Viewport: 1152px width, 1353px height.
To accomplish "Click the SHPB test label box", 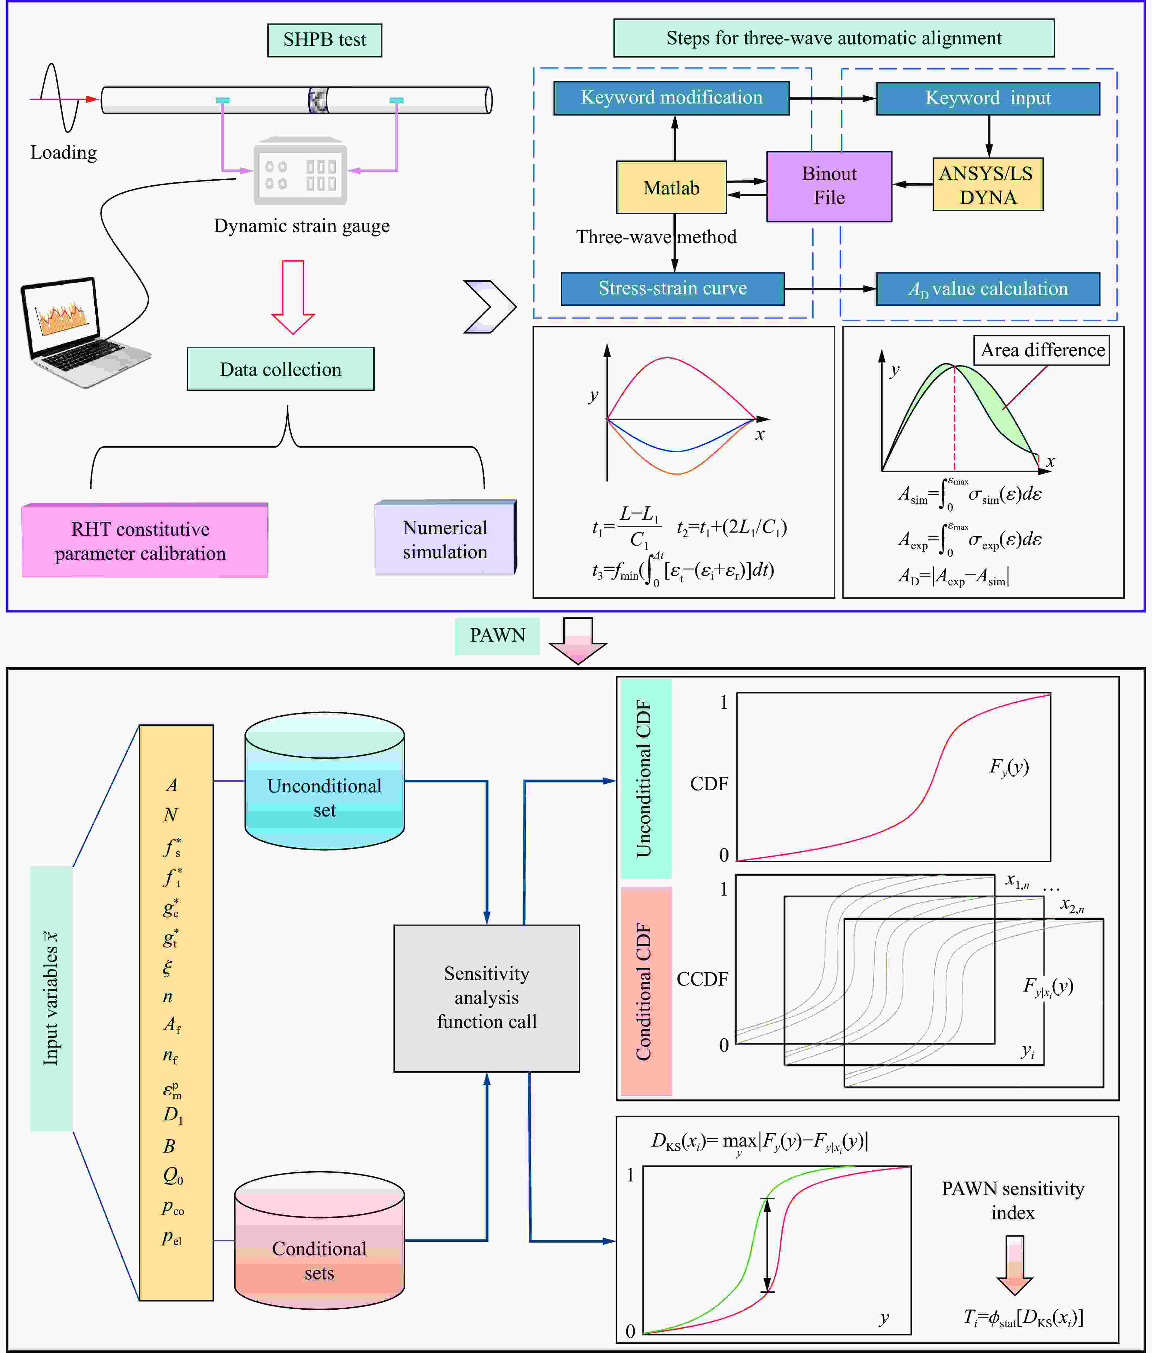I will point(324,40).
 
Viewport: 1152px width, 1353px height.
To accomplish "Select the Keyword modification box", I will point(671,98).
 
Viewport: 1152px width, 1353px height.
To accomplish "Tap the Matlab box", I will point(671,187).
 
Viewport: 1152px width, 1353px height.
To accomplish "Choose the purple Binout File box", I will point(829,186).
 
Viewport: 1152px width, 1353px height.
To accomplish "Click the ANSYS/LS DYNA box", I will point(987,185).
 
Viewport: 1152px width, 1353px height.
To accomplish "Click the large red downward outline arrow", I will point(293,297).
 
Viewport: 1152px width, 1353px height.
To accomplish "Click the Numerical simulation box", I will point(446,539).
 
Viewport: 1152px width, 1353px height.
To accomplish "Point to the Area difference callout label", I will point(1042,351).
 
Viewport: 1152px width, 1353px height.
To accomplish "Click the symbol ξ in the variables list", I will point(168,967).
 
